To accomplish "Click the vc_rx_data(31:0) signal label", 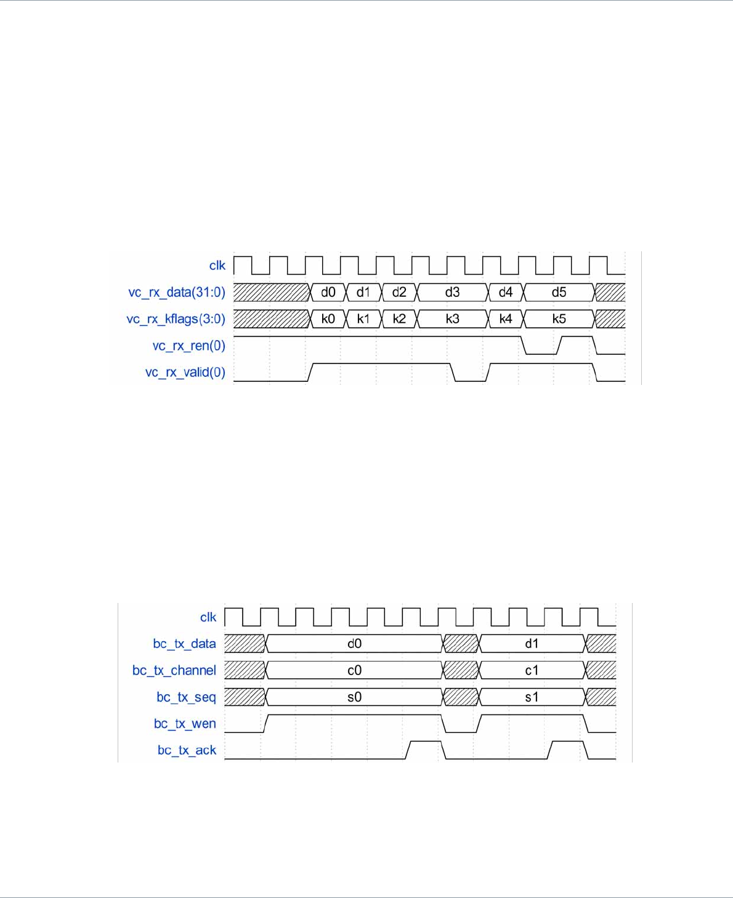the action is coord(177,293).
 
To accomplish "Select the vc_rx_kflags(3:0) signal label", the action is coord(176,319).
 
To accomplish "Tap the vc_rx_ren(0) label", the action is coord(188,346).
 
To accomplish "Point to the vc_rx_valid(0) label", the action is coord(185,373).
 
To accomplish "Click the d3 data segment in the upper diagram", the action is coord(452,293).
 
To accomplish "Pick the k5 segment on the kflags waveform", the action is coord(559,319).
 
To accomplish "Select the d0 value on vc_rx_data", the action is coord(328,293).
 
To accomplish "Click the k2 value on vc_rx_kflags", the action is coord(399,319).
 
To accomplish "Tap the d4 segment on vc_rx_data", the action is coord(505,293).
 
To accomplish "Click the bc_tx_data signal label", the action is coord(184,644).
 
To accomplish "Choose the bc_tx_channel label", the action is coord(174,671).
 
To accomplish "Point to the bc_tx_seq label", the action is coord(186,697).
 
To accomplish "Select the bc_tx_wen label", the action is coord(185,724).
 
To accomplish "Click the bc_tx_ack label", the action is coord(187,750).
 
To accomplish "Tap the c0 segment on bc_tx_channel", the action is coord(354,671).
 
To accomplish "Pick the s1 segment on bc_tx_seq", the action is coord(532,697).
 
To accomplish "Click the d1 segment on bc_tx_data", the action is coord(532,644).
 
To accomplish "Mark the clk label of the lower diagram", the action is coord(208,617).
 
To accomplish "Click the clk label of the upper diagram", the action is coord(217,265).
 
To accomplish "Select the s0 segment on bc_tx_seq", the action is coord(354,697).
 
